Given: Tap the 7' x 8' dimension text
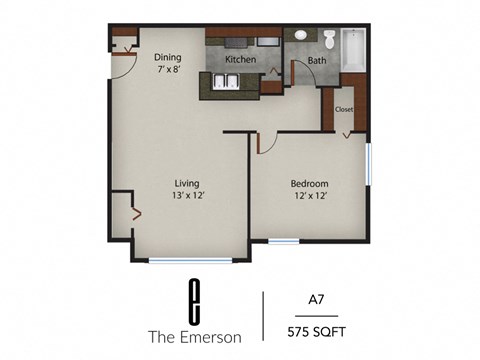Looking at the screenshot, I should [167, 71].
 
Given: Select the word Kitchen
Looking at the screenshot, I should [240, 60].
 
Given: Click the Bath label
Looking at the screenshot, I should [317, 61].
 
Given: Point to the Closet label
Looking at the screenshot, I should [343, 108].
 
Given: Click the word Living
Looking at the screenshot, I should [187, 183].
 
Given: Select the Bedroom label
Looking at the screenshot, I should [310, 183].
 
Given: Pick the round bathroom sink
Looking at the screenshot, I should [301, 34].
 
